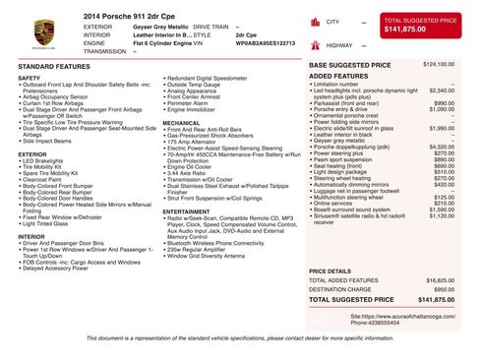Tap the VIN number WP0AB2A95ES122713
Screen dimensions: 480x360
coord(265,44)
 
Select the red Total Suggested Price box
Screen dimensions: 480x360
coord(420,26)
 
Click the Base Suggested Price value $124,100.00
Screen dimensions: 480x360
coord(438,65)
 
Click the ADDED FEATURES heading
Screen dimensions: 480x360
coord(338,76)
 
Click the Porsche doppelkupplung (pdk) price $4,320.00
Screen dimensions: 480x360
coord(442,148)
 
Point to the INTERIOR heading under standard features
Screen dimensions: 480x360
coord(30,236)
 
